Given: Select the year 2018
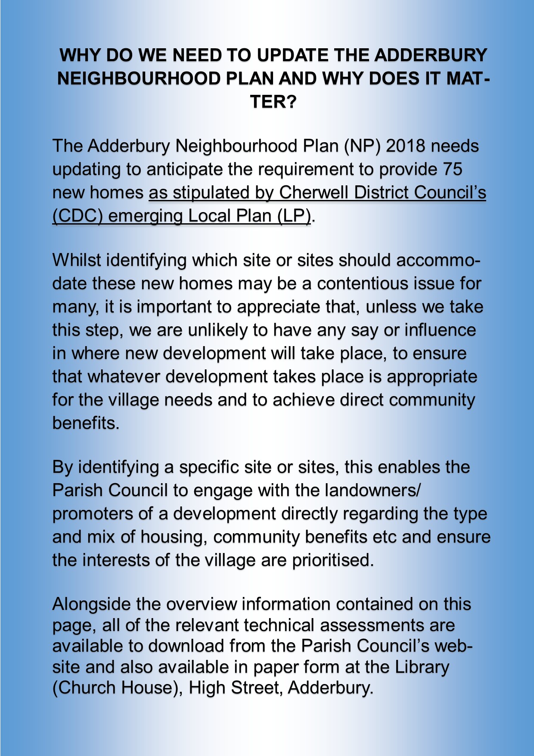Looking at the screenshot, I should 404,146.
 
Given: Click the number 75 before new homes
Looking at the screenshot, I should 452,169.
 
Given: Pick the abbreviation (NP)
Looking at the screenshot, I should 362,146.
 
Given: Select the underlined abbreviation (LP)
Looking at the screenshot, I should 294,216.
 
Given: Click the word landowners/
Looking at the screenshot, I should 373,490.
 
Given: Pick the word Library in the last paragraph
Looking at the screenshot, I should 422,667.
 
